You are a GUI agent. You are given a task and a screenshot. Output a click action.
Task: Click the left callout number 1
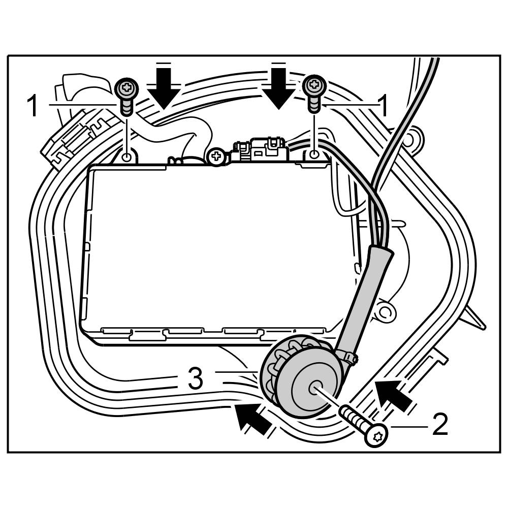[x=33, y=107]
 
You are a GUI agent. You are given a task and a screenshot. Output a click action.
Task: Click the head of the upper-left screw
[x=126, y=89]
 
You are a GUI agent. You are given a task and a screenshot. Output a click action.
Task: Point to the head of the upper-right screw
[x=314, y=85]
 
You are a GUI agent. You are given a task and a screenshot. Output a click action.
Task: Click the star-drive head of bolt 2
[x=377, y=435]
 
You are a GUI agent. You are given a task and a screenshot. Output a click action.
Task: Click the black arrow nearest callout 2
[x=394, y=395]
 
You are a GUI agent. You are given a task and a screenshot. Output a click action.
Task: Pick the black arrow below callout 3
[x=253, y=418]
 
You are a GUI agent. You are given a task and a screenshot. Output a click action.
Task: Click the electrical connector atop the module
[x=260, y=149]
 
